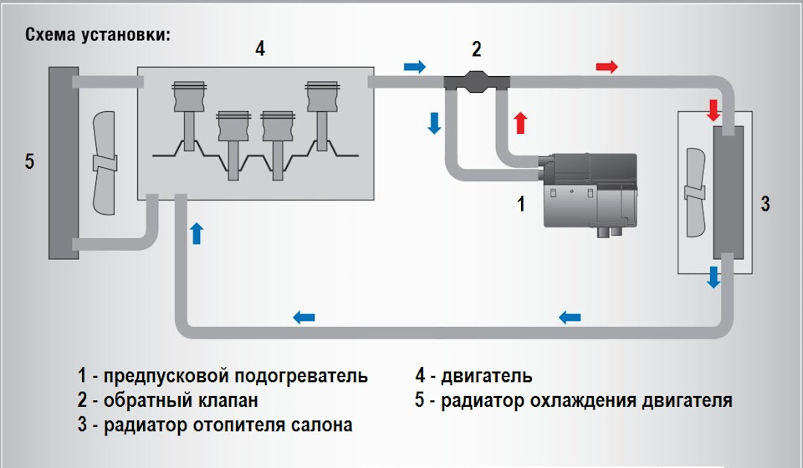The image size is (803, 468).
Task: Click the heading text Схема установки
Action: [98, 35]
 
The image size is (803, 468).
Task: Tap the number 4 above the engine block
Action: [260, 49]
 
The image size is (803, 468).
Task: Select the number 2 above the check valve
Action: [476, 49]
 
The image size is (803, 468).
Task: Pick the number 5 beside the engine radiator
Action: [29, 160]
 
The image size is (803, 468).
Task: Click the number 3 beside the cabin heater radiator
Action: [766, 203]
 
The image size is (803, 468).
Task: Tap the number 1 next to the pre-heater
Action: [521, 203]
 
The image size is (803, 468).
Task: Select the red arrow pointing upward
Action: [520, 123]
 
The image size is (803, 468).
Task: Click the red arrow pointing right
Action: [607, 66]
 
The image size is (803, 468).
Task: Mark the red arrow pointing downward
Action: [713, 109]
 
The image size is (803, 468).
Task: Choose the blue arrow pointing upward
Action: [197, 232]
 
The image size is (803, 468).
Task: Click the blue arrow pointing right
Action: [414, 66]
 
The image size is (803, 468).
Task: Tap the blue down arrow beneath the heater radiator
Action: [713, 277]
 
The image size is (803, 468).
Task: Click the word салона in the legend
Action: [322, 425]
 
